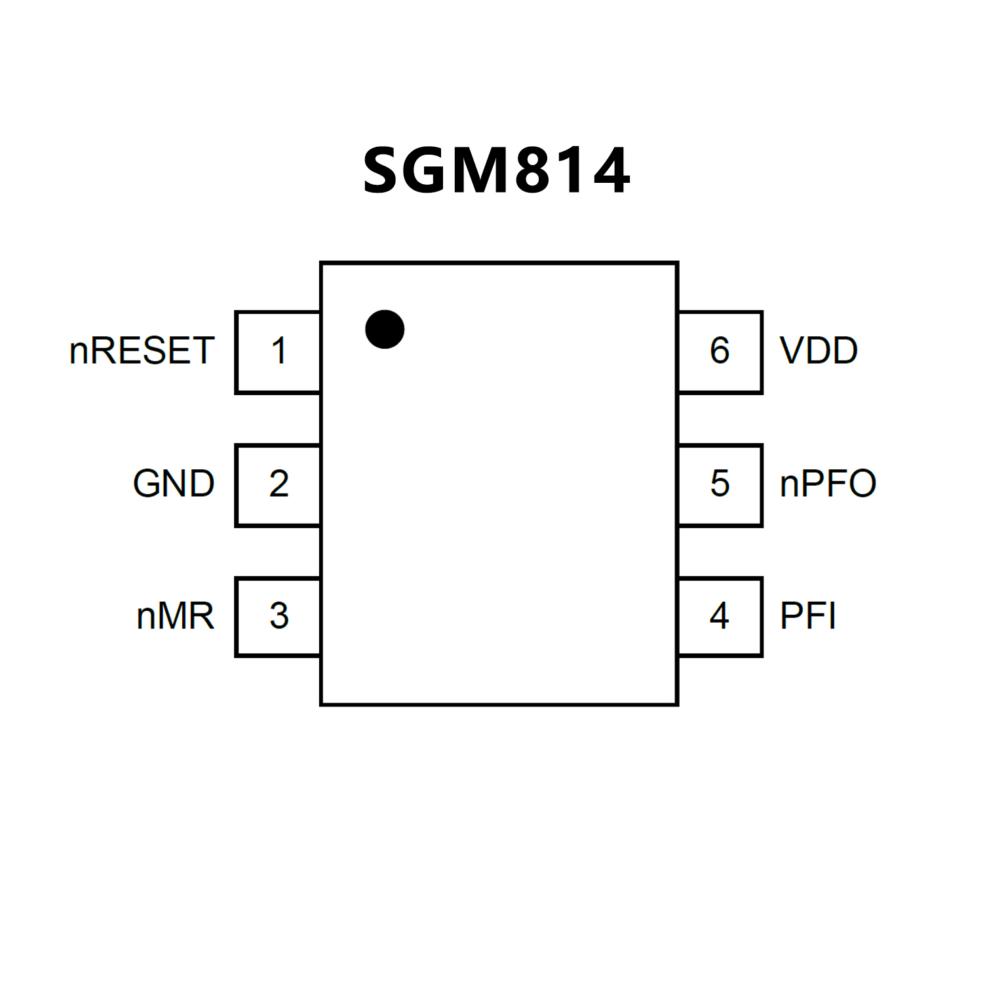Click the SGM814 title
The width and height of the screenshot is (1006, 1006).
tap(496, 171)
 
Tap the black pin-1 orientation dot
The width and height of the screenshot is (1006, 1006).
tap(385, 329)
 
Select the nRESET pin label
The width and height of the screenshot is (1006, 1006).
tap(142, 351)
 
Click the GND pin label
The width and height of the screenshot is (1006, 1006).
tap(174, 484)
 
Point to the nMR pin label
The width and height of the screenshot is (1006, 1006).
tap(175, 616)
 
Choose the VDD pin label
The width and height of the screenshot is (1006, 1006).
tap(819, 351)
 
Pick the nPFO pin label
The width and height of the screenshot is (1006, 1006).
tap(828, 484)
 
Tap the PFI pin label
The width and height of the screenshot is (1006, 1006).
tap(807, 616)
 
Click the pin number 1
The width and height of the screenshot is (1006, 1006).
tap(279, 351)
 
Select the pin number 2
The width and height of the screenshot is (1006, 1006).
tap(279, 484)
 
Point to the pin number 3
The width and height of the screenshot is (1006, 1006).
tap(279, 616)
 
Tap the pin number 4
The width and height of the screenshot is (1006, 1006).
tap(720, 616)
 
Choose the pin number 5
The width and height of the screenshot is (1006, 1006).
tap(720, 484)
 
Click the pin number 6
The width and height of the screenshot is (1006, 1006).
tap(720, 351)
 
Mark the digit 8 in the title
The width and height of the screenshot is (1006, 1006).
tap(532, 171)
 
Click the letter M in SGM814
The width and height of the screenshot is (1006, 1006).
tap(480, 171)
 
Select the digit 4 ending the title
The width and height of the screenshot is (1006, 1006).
tap(608, 171)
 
